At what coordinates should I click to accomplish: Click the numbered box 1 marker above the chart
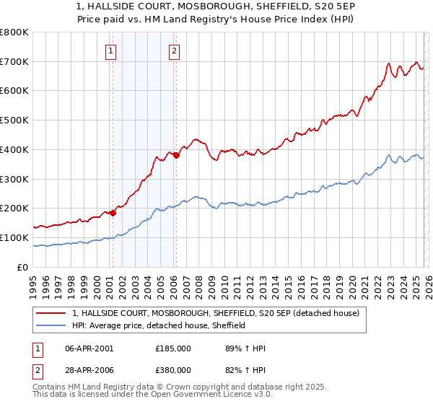click(111, 50)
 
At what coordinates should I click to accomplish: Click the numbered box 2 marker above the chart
click(175, 50)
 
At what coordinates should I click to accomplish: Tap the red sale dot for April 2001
click(113, 213)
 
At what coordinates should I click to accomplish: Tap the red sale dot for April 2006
click(176, 155)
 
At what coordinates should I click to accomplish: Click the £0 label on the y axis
click(23, 267)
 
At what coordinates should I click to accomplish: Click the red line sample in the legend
click(51, 313)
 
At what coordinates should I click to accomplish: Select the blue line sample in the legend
click(51, 325)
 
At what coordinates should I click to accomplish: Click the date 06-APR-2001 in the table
click(89, 348)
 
